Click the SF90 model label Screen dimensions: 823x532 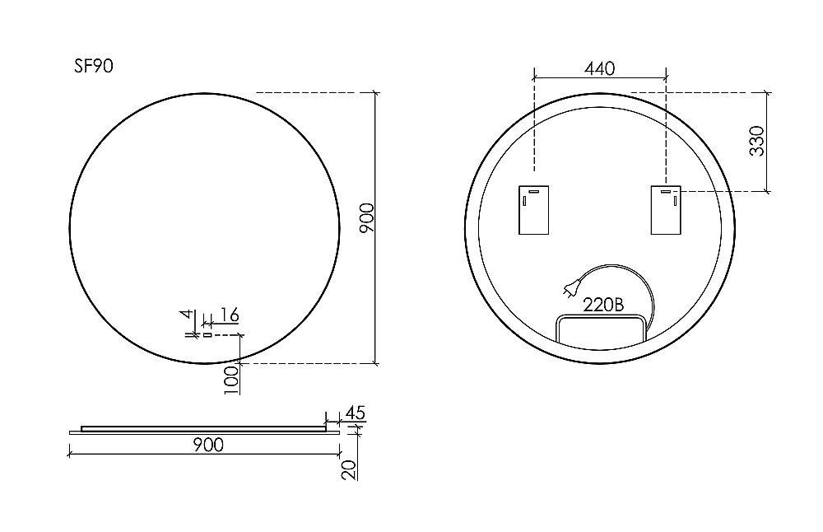(94, 66)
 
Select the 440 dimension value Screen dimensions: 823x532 (599, 69)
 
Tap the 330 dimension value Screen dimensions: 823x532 (757, 141)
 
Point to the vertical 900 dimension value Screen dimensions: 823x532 (367, 218)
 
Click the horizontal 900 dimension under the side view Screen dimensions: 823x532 (208, 445)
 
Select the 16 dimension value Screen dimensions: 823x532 (229, 315)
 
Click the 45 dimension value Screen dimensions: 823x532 (355, 413)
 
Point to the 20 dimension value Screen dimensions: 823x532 (349, 469)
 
